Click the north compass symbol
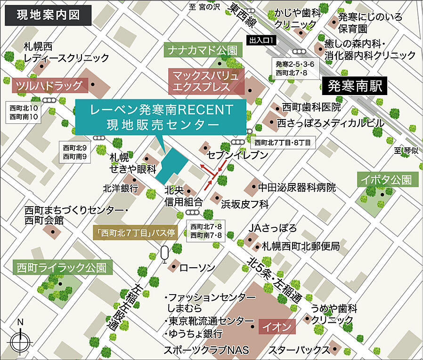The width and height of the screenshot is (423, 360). point(20,339)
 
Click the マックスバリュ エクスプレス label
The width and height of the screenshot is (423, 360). point(207,81)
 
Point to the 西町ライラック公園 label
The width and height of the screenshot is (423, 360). point(62,268)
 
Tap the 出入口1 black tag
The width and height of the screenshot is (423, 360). point(262,41)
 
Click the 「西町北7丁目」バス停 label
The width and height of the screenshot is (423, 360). point(135,232)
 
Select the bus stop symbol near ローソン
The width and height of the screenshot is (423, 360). point(164,254)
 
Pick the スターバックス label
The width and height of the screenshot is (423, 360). point(298,350)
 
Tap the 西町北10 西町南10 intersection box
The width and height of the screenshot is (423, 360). point(24,112)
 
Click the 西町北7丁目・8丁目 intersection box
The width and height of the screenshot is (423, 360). point(282,142)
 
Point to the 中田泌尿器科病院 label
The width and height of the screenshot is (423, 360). point(297,188)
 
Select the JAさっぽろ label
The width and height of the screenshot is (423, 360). point(273,228)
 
